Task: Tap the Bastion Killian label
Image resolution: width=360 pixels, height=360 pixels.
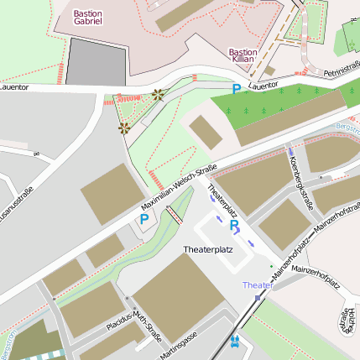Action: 243,56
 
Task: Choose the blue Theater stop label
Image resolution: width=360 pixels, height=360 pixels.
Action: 258,285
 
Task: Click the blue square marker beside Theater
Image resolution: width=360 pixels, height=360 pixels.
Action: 258,296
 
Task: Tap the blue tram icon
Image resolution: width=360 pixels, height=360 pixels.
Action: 235,342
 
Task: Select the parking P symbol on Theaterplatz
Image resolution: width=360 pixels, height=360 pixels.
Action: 234,225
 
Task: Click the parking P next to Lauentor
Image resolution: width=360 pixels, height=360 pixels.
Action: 237,87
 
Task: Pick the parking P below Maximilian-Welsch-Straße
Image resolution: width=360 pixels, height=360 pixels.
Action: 144,221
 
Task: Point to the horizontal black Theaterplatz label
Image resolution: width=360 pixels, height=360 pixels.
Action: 208,250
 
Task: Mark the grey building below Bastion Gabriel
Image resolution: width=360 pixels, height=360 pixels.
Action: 97,61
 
